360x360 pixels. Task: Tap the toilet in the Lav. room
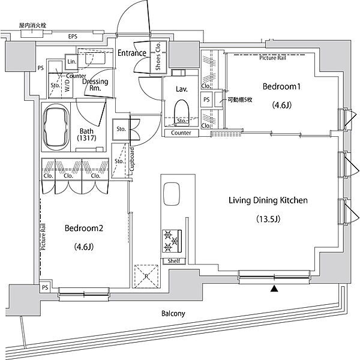pyautogui.click(x=182, y=113)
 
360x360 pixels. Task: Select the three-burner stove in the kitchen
pyautogui.click(x=172, y=241)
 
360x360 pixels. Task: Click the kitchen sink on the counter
pyautogui.click(x=171, y=194)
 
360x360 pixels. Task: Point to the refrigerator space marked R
pyautogui.click(x=146, y=276)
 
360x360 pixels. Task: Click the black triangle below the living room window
pyautogui.click(x=274, y=289)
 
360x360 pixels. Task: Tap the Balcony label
pyautogui.click(x=173, y=313)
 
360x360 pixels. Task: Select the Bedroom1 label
pyautogui.click(x=281, y=86)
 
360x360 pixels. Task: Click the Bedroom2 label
pyautogui.click(x=84, y=228)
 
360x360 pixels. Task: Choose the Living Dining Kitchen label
pyautogui.click(x=268, y=200)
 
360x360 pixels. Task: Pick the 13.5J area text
pyautogui.click(x=268, y=219)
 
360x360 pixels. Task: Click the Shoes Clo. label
pyautogui.click(x=158, y=56)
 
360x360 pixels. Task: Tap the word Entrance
pyautogui.click(x=132, y=53)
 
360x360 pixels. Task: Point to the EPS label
pyautogui.click(x=73, y=36)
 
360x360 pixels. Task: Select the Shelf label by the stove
pyautogui.click(x=174, y=261)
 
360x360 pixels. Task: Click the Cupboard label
pyautogui.click(x=132, y=160)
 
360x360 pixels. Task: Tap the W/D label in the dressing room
pyautogui.click(x=67, y=86)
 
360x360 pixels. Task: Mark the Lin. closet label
pyautogui.click(x=71, y=62)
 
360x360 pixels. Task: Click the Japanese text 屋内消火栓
pyautogui.click(x=32, y=25)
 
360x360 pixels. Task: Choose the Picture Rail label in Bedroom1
pyautogui.click(x=272, y=58)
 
